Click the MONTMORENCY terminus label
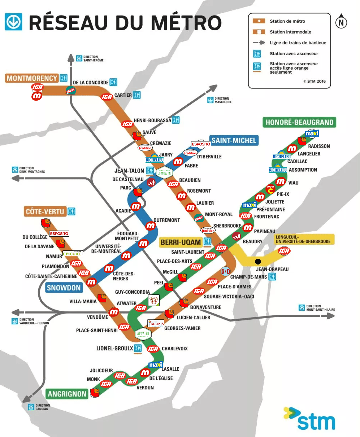coord(32,78)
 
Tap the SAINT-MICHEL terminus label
coord(234,140)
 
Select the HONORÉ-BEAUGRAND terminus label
coord(299,122)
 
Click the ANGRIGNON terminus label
coord(67,394)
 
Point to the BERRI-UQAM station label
coord(181,242)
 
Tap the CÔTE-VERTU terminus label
coord(45,211)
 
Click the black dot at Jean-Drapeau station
coord(258,261)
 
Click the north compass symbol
coord(341,22)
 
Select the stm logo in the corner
coord(309,420)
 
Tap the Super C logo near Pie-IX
coord(270,189)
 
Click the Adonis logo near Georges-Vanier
coord(156,323)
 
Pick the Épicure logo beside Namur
coord(73,254)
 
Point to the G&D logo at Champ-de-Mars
coord(225,271)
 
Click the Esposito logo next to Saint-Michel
coord(201,144)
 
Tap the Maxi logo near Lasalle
coord(156,365)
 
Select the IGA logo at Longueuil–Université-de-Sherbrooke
coord(284,251)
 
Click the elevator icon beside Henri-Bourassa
coord(176,120)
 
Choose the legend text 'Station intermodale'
coord(290,32)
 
